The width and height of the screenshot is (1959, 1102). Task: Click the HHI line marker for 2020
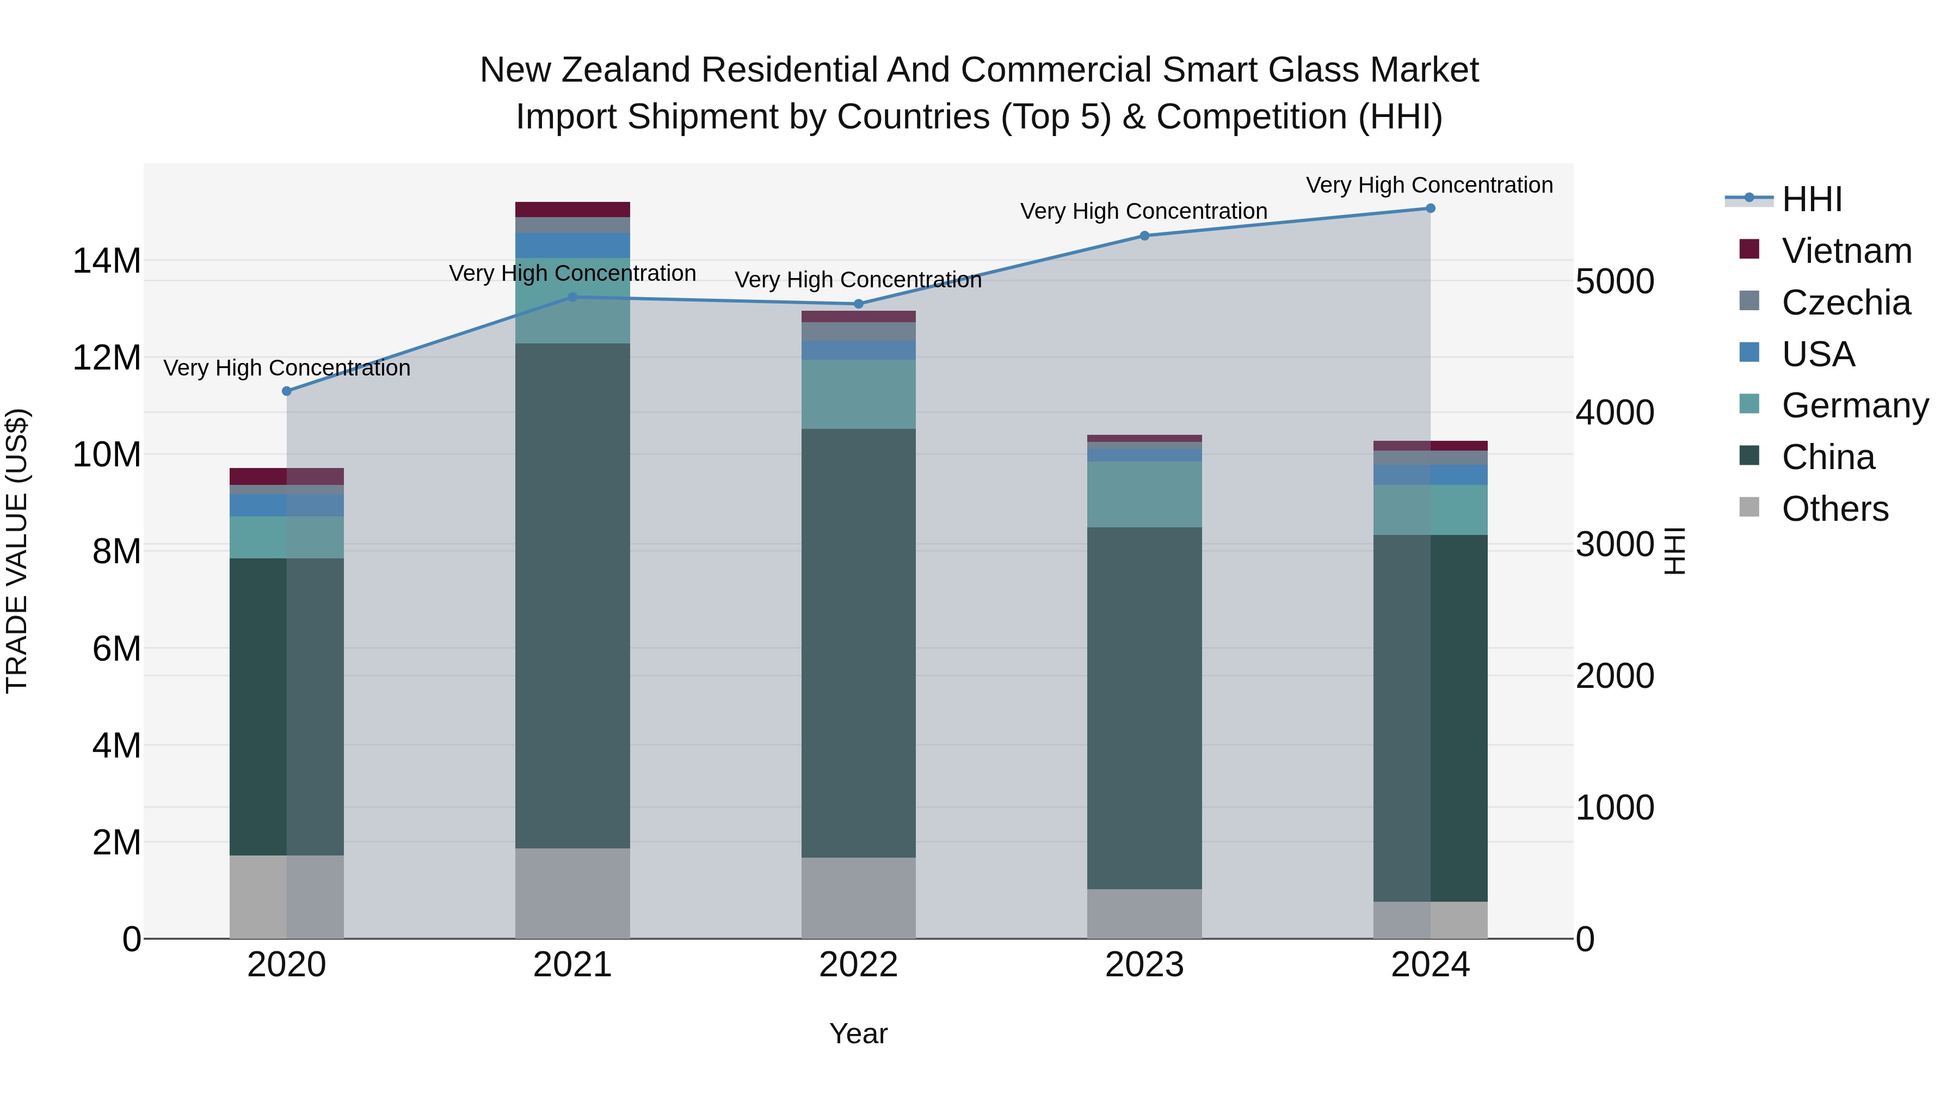point(287,391)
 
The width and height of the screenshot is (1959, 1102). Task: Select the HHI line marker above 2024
point(1430,208)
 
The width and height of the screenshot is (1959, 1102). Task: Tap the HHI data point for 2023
point(1144,236)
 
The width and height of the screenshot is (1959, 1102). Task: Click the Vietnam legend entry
point(1846,251)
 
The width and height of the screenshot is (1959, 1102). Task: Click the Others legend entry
point(1834,509)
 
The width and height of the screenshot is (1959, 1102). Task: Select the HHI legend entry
point(1812,199)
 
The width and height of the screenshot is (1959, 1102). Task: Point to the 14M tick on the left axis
point(107,261)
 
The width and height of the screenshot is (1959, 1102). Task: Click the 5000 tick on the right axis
point(1615,281)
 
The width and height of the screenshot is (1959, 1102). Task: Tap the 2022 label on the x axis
point(859,965)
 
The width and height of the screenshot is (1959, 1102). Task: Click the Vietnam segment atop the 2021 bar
point(572,209)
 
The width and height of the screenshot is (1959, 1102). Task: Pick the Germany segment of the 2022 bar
point(859,394)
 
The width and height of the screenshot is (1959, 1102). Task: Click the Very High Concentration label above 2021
point(572,273)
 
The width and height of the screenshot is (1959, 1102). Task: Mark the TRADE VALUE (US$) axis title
point(17,551)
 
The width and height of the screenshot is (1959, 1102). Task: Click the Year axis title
point(859,1033)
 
